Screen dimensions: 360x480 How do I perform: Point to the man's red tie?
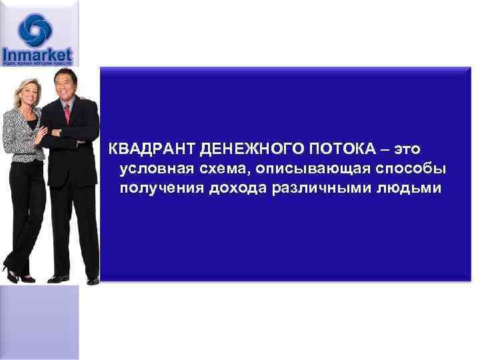(67, 113)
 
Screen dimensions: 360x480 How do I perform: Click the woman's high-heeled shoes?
(17, 274)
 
